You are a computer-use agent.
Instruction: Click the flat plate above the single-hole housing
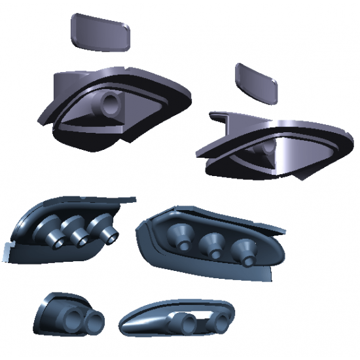99,32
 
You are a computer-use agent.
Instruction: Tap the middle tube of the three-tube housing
78,234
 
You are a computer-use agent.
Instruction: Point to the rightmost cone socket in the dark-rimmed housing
245,251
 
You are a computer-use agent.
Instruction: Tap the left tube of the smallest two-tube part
71,319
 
